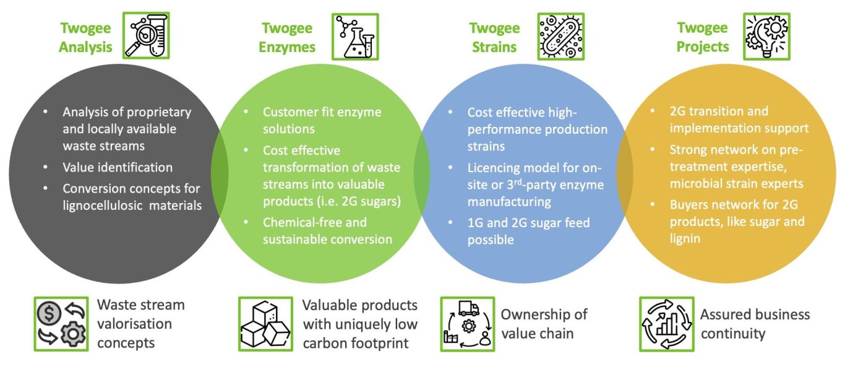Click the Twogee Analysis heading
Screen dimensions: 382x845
85,37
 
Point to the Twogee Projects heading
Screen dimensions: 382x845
702,37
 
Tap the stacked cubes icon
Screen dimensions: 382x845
265,324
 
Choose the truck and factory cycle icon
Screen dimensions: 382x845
467,324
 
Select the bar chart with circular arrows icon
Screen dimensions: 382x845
666,324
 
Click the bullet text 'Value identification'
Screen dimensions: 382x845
118,168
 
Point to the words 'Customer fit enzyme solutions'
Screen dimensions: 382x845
322,121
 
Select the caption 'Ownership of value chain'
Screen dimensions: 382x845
544,324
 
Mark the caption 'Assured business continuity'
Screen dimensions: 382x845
755,324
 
